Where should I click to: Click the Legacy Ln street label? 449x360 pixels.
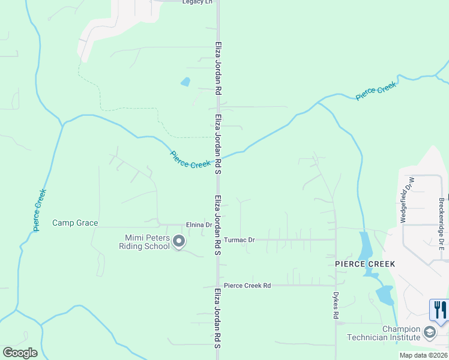pos(197,2)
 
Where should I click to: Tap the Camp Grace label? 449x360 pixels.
pos(75,223)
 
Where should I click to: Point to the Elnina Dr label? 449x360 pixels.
pos(200,225)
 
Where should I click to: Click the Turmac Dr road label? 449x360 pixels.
pos(240,240)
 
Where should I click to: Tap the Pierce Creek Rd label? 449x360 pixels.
pos(247,286)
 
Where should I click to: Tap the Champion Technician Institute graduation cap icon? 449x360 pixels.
pos(430,332)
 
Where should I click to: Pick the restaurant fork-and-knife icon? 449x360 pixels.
pos(440,310)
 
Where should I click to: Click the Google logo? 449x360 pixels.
pos(20,352)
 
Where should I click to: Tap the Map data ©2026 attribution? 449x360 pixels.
pos(423,355)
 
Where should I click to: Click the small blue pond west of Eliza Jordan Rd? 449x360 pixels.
pos(185,82)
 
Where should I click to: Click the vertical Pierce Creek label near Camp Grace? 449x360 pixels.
pos(40,210)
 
